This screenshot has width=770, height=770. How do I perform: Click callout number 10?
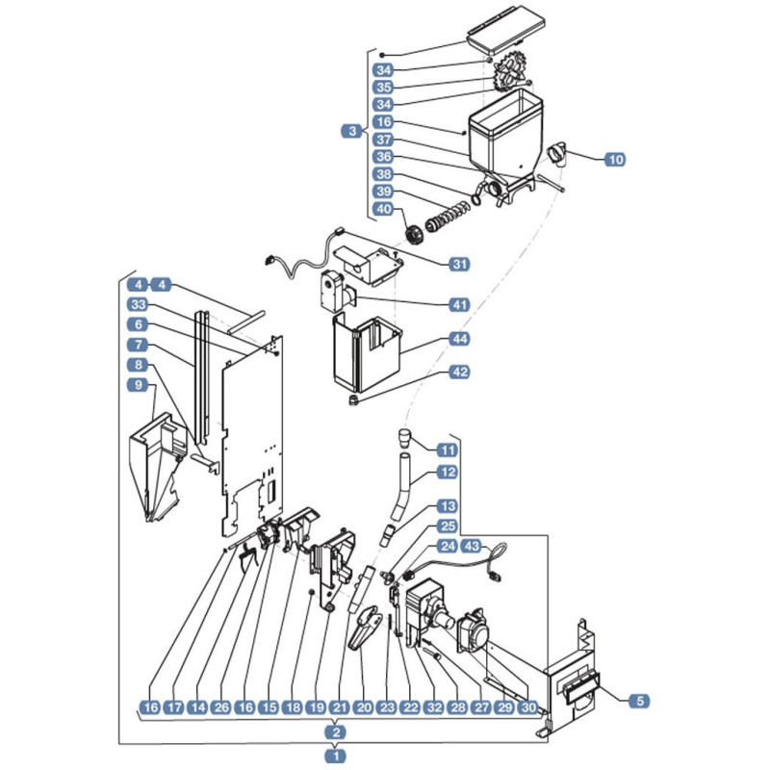tap(615, 159)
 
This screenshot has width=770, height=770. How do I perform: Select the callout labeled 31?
tap(459, 264)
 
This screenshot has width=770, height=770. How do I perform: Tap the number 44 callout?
tap(459, 339)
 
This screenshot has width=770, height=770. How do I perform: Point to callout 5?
tap(639, 701)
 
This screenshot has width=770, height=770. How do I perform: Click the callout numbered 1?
tap(336, 756)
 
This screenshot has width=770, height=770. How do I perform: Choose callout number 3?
tap(351, 131)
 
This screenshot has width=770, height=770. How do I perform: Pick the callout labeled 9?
tap(138, 385)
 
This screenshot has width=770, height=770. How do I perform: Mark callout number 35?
tap(383, 88)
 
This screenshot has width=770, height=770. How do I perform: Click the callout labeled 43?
tap(472, 546)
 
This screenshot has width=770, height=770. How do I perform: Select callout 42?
tap(459, 372)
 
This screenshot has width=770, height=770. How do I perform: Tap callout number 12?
tap(447, 473)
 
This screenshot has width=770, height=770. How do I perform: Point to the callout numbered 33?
tap(138, 304)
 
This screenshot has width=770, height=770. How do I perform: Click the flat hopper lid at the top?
tap(506, 32)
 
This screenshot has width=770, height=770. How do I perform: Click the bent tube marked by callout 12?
tap(402, 487)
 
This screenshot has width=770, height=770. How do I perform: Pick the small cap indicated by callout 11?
tap(403, 438)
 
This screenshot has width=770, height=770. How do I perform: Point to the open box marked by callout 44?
tap(368, 353)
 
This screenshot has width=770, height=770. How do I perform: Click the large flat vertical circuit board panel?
tap(252, 437)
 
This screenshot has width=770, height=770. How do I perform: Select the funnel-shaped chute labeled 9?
tap(157, 467)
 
